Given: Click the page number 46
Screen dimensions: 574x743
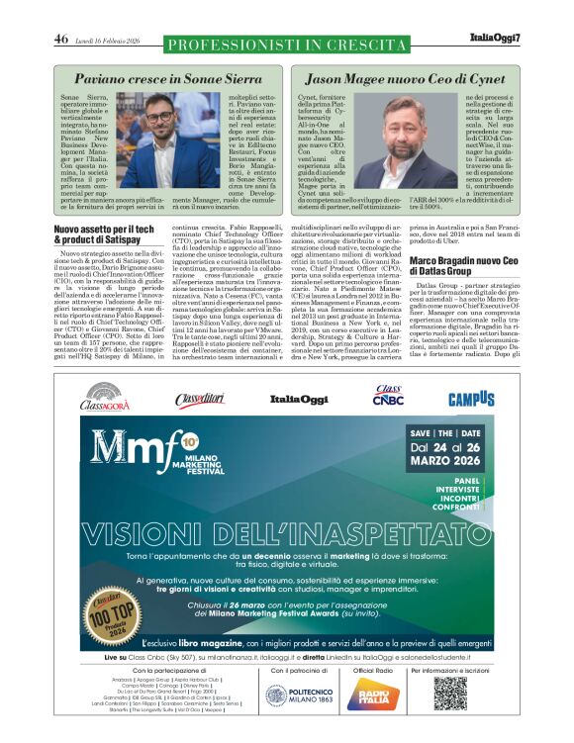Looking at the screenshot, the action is (x=60, y=40).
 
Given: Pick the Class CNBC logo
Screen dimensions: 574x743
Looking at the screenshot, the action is (x=387, y=396).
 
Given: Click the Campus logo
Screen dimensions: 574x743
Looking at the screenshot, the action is (x=471, y=398).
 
